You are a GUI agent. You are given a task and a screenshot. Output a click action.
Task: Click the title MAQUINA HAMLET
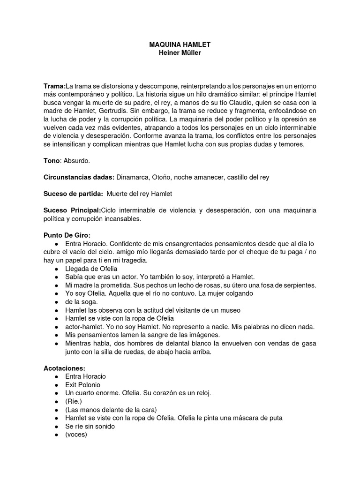pos(180,44)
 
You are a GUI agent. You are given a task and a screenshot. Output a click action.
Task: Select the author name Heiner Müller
pos(180,52)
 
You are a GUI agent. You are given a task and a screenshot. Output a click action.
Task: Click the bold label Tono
pos(52,161)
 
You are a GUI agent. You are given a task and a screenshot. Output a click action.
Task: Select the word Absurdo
pos(76,161)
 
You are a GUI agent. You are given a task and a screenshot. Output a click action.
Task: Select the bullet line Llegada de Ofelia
pos(91,269)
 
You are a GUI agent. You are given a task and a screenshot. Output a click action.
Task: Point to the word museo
pos(230,310)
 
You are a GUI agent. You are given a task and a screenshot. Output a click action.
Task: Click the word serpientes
pos(295,285)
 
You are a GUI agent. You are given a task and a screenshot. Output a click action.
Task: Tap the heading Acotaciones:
pos(64,368)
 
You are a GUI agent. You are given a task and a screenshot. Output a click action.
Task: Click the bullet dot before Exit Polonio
pos(56,385)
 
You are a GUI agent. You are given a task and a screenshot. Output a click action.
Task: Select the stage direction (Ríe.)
pos(74,402)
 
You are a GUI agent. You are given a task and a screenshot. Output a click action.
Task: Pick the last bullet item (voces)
pos(76,435)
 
